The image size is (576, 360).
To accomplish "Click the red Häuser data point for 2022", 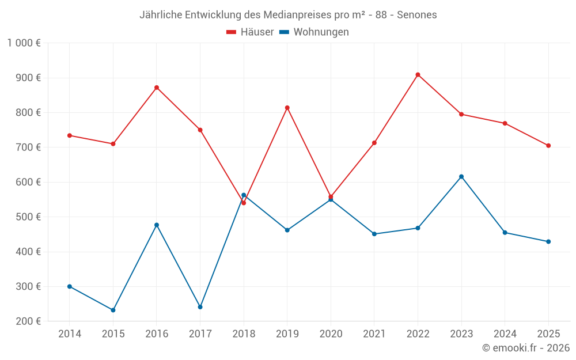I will (x=418, y=75).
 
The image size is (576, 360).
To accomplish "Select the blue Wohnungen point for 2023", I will (x=461, y=177).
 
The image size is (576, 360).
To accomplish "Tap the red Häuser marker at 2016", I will (x=157, y=88).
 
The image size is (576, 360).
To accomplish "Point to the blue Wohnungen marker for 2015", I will (x=113, y=310).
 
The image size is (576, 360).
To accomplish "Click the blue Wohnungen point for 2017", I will (x=200, y=307).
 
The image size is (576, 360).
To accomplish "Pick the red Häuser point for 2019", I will (x=287, y=108).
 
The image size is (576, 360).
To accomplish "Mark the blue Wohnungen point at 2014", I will (x=70, y=286).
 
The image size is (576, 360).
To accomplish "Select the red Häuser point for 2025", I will (x=548, y=146).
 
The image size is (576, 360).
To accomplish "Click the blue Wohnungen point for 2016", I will (x=157, y=225).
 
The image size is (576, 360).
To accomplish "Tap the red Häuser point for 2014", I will (x=70, y=135).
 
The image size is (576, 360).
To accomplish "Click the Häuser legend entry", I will (x=251, y=32).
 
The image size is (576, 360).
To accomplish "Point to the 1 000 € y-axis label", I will (x=24, y=43).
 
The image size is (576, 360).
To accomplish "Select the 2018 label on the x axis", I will (x=244, y=334).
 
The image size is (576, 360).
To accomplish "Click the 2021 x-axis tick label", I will (x=374, y=334).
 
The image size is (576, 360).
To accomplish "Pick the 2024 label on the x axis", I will (x=505, y=334).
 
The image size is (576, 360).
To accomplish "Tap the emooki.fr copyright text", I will (x=526, y=348).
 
